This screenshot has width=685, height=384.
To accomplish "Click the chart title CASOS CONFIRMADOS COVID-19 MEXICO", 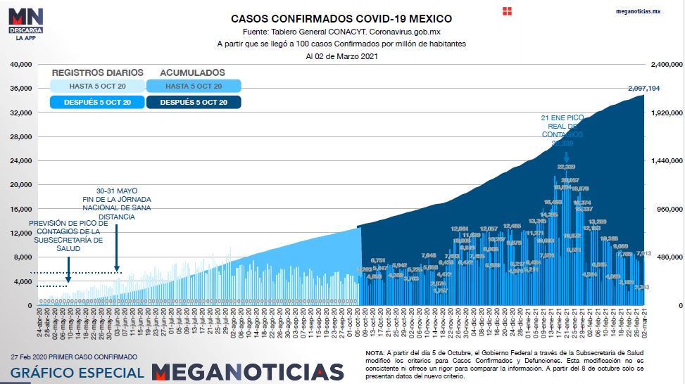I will click(341, 19).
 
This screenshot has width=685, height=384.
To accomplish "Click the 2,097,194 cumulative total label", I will click(643, 89).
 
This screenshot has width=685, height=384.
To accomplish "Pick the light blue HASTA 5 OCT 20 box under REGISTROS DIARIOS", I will click(96, 86).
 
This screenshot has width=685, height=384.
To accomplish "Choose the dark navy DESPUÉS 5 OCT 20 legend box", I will click(194, 103).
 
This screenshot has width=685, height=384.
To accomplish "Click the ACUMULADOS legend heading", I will click(192, 72).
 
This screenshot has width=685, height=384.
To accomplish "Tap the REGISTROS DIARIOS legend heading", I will click(97, 72).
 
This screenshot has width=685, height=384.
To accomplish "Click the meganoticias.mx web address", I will click(638, 12).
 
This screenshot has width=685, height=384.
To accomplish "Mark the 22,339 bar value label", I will click(566, 167).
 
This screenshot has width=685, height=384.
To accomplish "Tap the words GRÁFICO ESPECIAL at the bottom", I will click(77, 372).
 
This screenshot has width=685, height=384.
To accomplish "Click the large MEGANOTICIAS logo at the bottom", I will click(247, 372).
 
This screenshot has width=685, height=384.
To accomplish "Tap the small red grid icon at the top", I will click(508, 11).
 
